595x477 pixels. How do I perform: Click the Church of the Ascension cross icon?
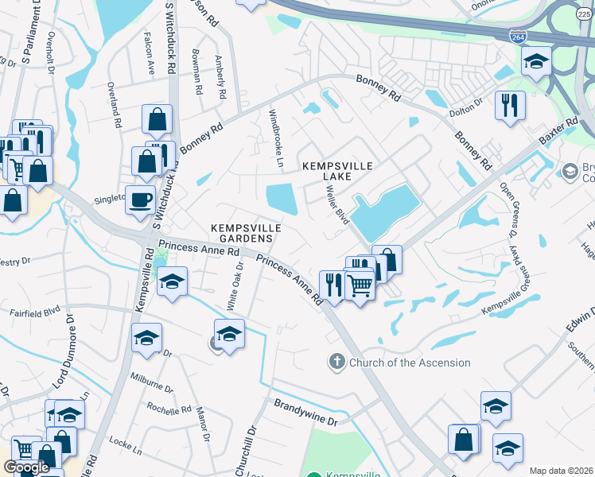pyautogui.click(x=336, y=363)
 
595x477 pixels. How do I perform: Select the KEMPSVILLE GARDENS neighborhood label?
pyautogui.click(x=247, y=233)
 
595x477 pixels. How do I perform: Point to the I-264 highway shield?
pyautogui.click(x=515, y=35)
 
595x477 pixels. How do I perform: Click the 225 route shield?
pyautogui.click(x=583, y=13)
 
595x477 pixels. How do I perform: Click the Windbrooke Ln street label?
pyautogui.click(x=276, y=138)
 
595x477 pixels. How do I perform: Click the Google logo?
pyautogui.click(x=26, y=467)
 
